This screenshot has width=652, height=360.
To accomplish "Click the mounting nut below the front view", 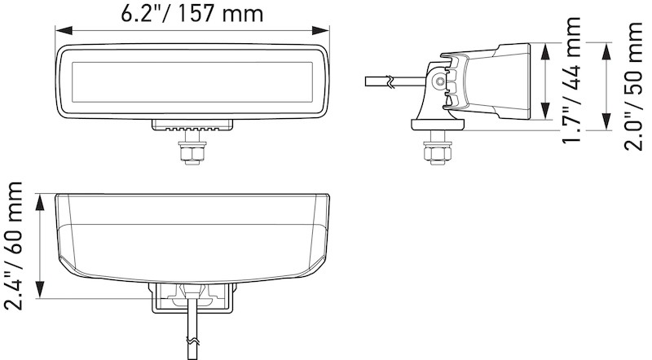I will [x=192, y=151].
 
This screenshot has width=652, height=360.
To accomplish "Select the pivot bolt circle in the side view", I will [x=440, y=81].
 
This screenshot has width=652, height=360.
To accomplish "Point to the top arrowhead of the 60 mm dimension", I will [x=40, y=199].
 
